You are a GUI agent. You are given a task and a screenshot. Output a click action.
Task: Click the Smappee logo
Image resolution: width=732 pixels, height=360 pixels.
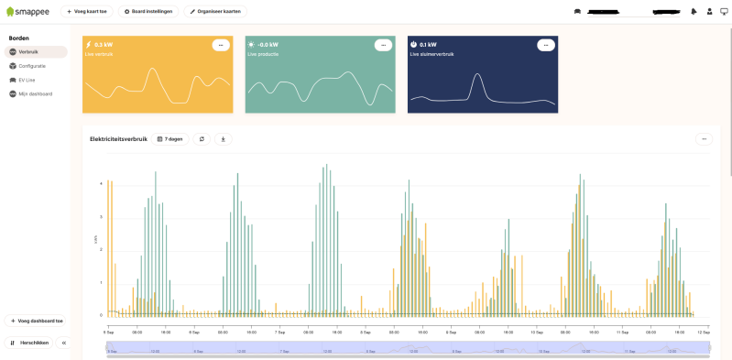(27, 11)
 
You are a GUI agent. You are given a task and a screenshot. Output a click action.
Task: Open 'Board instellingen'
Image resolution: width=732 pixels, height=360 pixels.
(148, 11)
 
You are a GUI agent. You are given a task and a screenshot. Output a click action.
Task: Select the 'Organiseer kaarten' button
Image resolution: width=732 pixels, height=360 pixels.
(214, 11)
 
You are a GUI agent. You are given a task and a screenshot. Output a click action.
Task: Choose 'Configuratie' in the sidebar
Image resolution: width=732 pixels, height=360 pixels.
(31, 66)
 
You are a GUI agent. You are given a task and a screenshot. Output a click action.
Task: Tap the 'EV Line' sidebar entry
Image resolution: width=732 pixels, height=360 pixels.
(27, 80)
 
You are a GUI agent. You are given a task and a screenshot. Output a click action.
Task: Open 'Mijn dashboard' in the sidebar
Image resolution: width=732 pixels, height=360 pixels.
(35, 93)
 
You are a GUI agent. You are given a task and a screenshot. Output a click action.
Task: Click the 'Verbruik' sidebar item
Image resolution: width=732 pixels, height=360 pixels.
(29, 52)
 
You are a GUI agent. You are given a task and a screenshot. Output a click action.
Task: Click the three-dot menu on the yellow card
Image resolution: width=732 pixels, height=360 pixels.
(221, 45)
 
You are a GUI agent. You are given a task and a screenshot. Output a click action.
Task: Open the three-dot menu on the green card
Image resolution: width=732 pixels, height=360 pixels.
(383, 45)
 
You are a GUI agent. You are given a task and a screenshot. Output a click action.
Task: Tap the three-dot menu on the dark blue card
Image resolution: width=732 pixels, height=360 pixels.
(545, 45)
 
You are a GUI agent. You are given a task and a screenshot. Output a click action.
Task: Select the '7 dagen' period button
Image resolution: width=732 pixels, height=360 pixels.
(169, 139)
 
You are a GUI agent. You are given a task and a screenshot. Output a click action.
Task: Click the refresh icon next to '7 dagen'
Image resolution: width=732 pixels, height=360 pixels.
(202, 139)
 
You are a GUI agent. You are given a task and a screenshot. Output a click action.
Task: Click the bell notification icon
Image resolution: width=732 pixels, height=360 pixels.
(694, 12)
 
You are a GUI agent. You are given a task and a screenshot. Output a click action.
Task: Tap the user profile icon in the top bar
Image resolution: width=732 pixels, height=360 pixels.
(709, 12)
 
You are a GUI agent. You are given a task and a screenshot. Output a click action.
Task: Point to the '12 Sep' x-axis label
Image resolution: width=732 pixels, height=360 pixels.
(705, 332)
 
